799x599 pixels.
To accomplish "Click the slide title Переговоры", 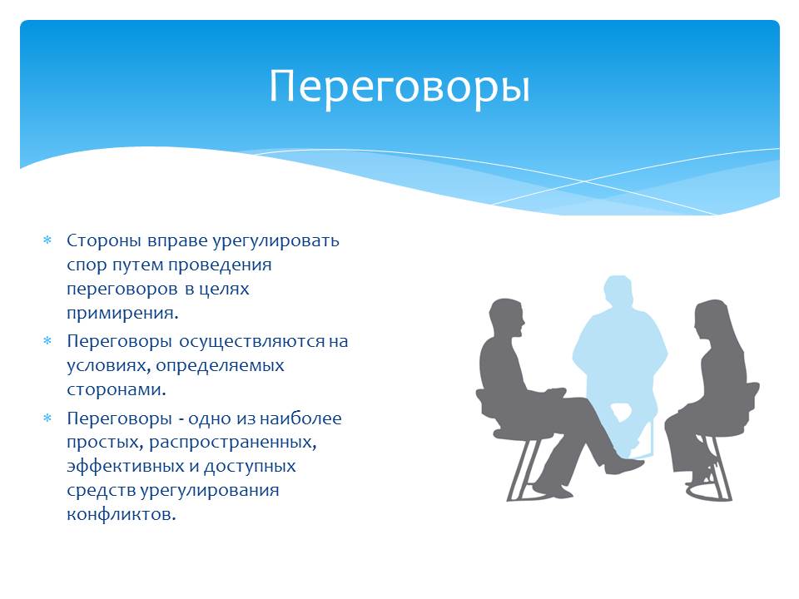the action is click(399, 87).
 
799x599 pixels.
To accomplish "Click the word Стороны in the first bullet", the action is click(104, 240).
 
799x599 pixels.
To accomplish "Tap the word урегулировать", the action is click(275, 241).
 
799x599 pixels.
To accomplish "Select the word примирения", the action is click(123, 314).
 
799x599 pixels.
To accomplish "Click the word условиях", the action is click(108, 366).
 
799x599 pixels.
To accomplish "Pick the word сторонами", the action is click(117, 389).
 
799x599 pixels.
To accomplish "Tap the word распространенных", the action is click(233, 443).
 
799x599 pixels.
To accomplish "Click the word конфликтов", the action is click(122, 514).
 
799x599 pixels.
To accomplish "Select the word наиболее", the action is click(300, 418).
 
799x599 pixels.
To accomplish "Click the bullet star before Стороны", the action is click(47, 240).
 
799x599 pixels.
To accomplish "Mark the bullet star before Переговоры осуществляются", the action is click(47, 341).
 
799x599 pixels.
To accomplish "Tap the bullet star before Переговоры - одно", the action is click(47, 418).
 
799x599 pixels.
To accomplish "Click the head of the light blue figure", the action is click(618, 293).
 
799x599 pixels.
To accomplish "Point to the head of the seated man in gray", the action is click(507, 319).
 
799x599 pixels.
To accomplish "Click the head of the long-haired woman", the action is click(711, 319).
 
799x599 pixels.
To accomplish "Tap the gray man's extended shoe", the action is click(626, 466).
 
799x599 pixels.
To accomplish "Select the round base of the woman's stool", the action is click(709, 493).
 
